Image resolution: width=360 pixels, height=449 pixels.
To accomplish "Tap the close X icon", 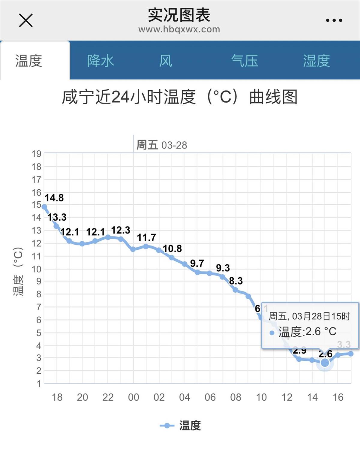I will [26, 20].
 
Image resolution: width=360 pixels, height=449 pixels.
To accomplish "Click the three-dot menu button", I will [334, 20].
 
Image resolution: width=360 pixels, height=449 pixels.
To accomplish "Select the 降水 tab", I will [100, 61].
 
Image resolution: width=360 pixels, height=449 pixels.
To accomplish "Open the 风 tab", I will [166, 61].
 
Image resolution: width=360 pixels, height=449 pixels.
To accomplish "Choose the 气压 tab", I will [244, 61].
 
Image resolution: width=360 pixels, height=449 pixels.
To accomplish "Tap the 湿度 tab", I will [316, 61].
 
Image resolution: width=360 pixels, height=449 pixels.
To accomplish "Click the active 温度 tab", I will [29, 61].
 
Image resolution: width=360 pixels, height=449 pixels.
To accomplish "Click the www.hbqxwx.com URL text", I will [179, 29].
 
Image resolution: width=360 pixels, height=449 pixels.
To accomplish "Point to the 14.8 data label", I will [54, 198].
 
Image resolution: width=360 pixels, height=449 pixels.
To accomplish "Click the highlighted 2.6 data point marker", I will [325, 363].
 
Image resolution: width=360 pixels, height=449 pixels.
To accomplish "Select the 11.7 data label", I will [146, 238].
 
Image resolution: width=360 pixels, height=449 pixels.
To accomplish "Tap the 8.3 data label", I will [236, 281].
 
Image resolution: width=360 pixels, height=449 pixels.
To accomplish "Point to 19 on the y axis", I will [37, 154].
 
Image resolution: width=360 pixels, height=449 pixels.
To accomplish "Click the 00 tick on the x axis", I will [133, 397].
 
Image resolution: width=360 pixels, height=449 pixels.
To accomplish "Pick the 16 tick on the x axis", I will [338, 397].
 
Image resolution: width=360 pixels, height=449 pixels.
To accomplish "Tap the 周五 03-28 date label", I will [162, 145].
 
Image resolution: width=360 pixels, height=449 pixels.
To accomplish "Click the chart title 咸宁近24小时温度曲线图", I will [179, 97].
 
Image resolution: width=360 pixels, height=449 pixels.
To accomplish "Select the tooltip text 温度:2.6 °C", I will [307, 332].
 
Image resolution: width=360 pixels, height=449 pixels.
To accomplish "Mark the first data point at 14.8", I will [44, 207].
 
